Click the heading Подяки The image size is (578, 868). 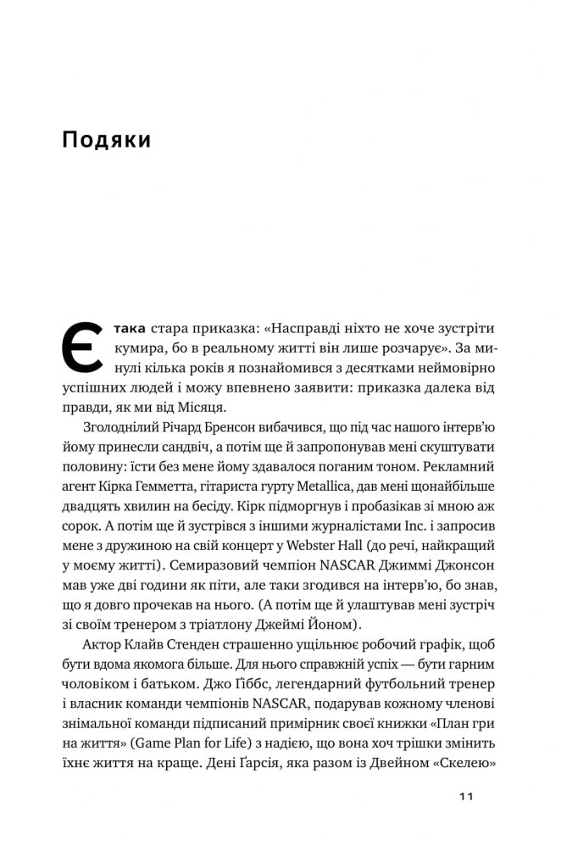coord(107,140)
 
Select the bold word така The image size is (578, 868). coord(130,329)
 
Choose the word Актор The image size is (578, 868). coord(105,643)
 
